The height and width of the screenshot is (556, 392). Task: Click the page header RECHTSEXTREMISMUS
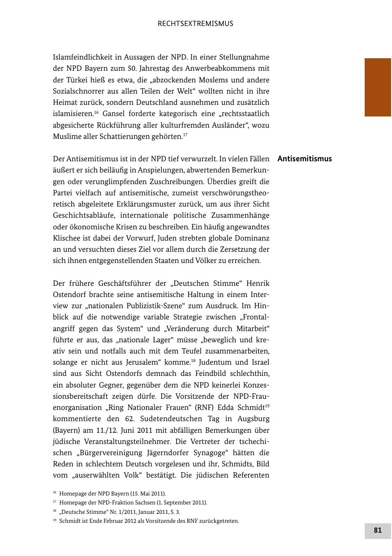[x=195, y=24]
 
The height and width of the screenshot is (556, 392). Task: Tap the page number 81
[x=378, y=530]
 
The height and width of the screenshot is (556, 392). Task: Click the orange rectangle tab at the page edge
[x=378, y=87]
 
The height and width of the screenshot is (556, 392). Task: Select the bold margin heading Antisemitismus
[x=305, y=159]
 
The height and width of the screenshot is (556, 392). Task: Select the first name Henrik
[x=257, y=284]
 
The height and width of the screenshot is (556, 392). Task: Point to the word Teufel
[x=178, y=351]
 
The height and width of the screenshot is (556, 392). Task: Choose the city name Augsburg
[x=250, y=418]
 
